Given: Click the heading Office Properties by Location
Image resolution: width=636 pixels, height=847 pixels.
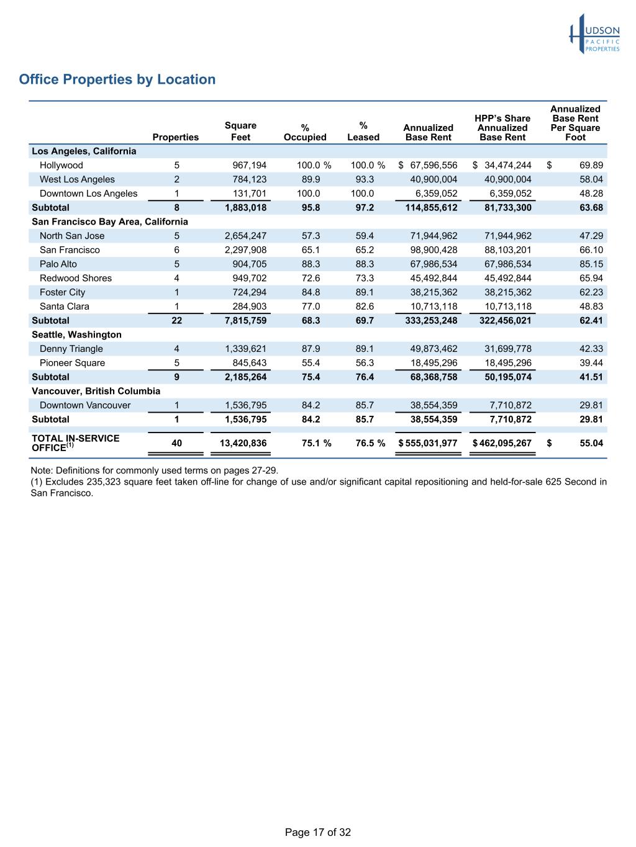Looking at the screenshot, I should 117,79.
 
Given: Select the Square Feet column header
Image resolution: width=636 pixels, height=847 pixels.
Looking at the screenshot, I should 240,132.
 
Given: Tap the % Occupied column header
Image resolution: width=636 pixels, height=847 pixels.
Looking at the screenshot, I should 305,132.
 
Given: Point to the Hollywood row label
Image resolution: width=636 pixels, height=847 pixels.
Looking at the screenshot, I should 61,165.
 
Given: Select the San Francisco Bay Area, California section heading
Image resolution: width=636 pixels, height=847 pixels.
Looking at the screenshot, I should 110,222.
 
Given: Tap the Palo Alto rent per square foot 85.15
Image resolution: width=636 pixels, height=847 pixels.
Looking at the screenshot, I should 590,264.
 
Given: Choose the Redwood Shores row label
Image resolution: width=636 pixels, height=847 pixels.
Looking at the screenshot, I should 76,278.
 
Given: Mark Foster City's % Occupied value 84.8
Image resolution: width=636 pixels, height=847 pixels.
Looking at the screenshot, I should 311,292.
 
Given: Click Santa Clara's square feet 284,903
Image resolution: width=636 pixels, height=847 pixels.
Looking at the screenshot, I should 249,307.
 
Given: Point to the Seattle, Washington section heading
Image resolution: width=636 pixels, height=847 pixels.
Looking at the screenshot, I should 76,334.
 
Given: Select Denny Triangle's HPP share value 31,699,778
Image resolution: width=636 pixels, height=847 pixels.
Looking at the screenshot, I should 507,349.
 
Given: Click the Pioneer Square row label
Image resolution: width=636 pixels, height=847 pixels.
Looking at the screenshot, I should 72,363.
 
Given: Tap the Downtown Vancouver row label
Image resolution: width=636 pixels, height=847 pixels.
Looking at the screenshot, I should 85,405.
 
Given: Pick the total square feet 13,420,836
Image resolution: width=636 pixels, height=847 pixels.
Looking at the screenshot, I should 243,443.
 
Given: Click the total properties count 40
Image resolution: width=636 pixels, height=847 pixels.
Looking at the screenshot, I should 176,443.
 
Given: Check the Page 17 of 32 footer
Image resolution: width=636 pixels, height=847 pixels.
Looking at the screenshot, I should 317,832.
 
